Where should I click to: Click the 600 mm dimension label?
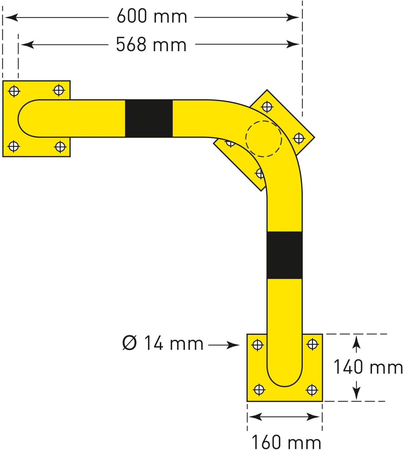(x=152, y=16)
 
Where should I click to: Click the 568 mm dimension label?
(x=151, y=45)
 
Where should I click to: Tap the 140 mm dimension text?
(x=368, y=367)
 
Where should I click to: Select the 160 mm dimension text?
(x=286, y=442)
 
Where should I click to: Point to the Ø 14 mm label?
(x=163, y=343)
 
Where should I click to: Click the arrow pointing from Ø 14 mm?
(x=224, y=345)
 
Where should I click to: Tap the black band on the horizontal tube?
(x=149, y=118)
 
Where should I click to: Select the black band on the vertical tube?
(x=284, y=255)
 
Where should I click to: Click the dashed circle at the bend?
(x=263, y=139)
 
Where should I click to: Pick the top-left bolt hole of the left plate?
(x=14, y=91)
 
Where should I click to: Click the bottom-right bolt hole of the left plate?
(x=60, y=147)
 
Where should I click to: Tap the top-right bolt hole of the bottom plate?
(x=313, y=344)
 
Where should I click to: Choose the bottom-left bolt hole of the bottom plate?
(x=259, y=390)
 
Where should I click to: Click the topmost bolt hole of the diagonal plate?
(x=267, y=106)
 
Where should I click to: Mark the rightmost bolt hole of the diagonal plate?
(x=299, y=138)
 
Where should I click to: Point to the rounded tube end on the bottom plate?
(x=284, y=378)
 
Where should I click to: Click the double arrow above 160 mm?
(x=284, y=416)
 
